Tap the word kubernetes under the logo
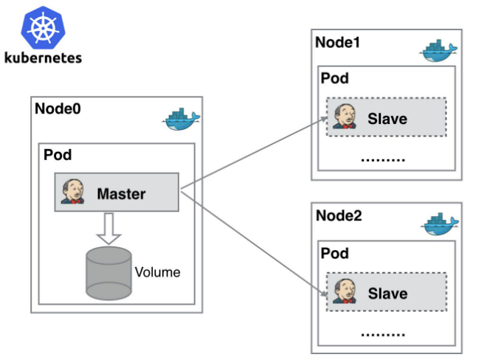(42, 57)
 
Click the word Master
(121, 195)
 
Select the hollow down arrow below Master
(108, 228)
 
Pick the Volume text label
(157, 272)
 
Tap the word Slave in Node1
(387, 118)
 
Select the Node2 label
(338, 215)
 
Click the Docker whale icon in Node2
(441, 225)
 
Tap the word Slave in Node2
(387, 294)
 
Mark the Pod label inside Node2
(334, 253)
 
